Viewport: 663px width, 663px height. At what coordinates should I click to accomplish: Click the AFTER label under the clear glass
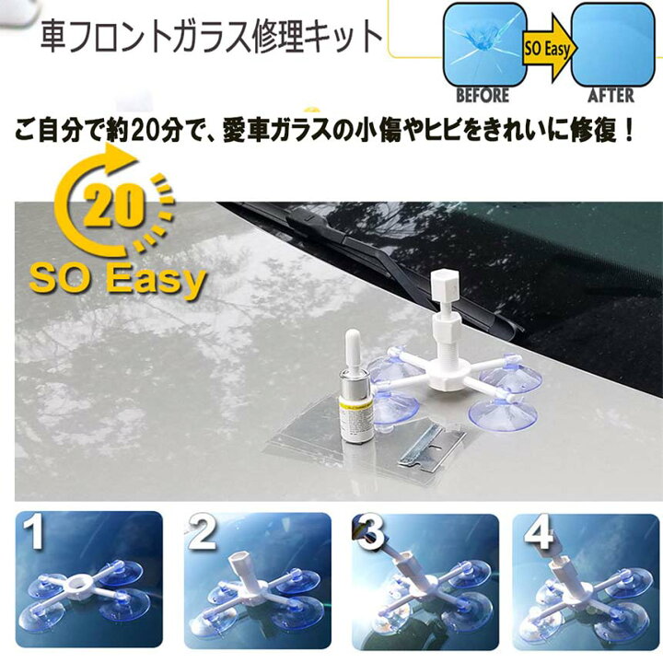pos(611,95)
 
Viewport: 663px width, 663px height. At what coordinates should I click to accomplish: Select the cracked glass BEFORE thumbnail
pos(484,43)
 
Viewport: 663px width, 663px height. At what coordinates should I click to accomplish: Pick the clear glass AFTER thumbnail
pos(614,43)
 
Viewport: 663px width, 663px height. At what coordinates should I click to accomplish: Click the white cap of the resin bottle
pos(353,349)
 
